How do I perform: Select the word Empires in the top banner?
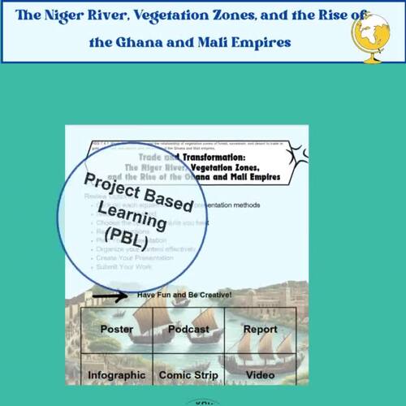(x=257, y=41)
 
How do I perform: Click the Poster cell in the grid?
(x=117, y=330)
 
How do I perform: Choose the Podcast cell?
(x=188, y=330)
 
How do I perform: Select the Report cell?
(x=260, y=330)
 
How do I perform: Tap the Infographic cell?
(x=117, y=375)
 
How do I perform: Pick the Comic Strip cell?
(x=188, y=375)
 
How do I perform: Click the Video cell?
(x=260, y=375)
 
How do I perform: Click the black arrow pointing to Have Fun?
(x=109, y=296)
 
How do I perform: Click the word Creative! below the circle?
(x=213, y=294)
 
